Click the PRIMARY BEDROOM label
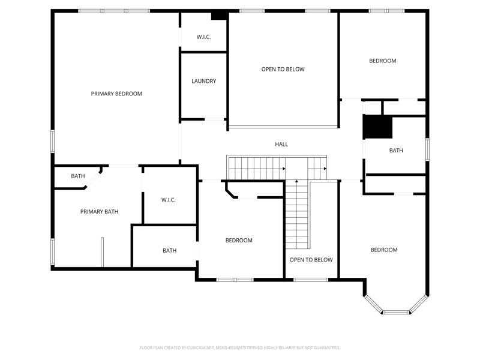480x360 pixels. (116, 94)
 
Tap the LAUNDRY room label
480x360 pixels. (204, 81)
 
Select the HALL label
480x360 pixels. (281, 144)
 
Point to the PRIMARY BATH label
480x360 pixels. (99, 212)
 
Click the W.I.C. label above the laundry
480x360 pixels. (203, 37)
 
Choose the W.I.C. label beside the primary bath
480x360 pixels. (169, 200)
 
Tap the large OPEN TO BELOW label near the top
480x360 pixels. (283, 69)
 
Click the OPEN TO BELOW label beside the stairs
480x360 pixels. (311, 260)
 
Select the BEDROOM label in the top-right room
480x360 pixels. (383, 61)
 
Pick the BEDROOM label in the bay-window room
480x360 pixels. (384, 250)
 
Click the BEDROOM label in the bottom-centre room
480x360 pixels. (239, 241)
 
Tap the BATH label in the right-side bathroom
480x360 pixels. (396, 151)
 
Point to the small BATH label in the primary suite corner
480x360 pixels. (78, 176)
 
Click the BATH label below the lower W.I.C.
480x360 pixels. (170, 250)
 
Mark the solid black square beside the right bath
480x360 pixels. (377, 127)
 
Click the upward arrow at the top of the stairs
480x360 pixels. (296, 182)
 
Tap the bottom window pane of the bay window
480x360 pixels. (396, 312)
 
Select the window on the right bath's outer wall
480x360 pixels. (427, 149)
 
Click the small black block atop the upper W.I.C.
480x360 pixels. (219, 16)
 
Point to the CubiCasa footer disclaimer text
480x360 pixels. (239, 348)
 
